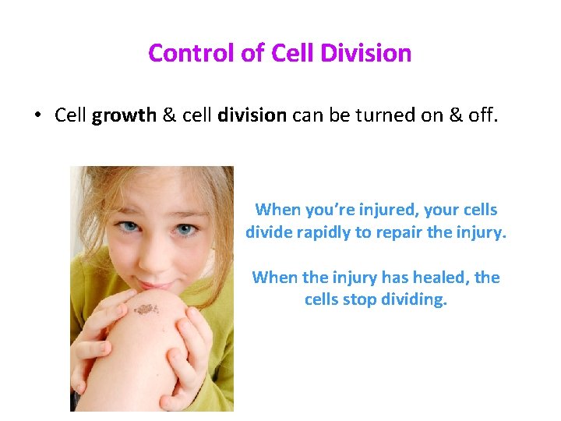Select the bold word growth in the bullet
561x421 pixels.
point(125,115)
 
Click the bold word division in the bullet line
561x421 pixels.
point(252,115)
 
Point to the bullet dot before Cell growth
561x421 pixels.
point(37,116)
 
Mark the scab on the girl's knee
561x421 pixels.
point(146,310)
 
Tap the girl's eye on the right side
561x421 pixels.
point(184,231)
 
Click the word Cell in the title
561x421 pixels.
point(292,53)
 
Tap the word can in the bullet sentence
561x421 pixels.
point(309,115)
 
